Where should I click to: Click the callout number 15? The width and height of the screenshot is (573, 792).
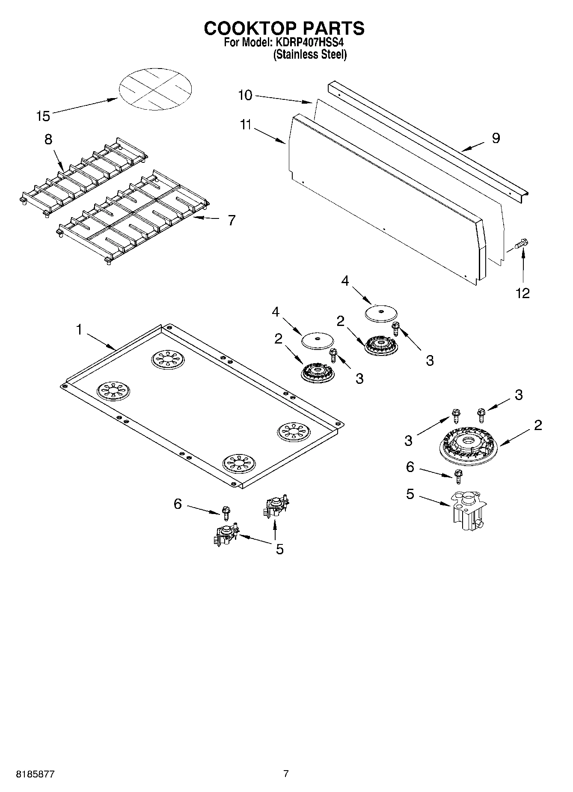[43, 116]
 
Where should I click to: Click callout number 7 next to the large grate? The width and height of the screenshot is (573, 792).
[231, 220]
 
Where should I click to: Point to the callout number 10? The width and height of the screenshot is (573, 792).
[245, 95]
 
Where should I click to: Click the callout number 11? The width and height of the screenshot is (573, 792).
[245, 125]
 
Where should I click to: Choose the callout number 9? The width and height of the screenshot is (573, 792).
[496, 138]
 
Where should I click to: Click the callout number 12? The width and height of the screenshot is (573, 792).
[523, 293]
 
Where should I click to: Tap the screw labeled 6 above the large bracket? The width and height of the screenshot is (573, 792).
[458, 475]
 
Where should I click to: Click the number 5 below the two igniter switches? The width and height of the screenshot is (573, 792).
[279, 549]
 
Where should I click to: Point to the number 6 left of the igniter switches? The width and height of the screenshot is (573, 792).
[178, 504]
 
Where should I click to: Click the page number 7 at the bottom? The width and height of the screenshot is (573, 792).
[286, 774]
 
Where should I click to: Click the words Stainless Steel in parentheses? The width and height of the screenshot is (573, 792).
[310, 55]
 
